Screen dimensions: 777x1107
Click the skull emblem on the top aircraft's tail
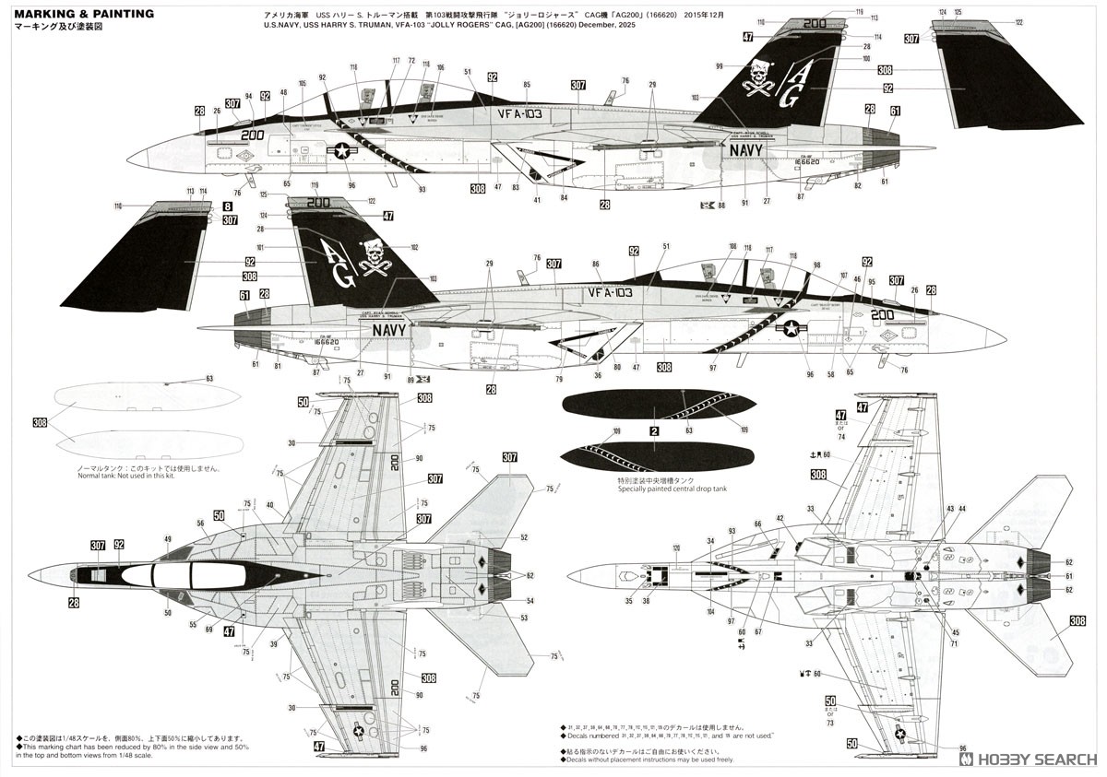pos(761,74)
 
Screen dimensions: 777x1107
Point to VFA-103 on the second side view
pos(610,292)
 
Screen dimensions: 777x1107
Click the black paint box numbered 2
pos(653,430)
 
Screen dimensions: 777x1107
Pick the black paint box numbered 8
pos(227,207)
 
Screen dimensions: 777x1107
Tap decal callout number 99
pos(719,65)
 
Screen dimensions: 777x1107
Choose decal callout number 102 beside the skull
pos(413,247)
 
